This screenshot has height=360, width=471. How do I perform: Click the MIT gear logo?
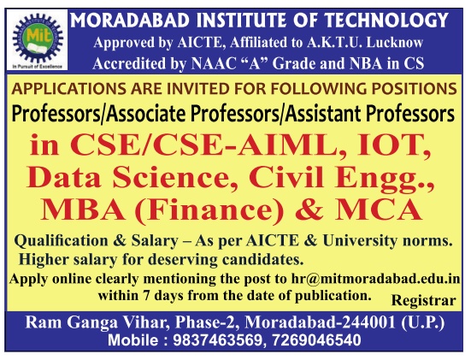click(x=38, y=38)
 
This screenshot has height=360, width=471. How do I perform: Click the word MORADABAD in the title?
click(x=130, y=21)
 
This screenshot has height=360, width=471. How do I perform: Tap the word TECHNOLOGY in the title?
click(x=386, y=21)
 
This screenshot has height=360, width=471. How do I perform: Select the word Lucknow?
click(x=395, y=43)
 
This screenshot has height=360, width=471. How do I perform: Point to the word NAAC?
click(x=213, y=64)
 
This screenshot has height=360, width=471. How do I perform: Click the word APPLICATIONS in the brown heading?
click(x=69, y=89)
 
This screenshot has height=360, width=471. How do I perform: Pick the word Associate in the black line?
click(x=146, y=115)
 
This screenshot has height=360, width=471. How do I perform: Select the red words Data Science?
click(x=128, y=178)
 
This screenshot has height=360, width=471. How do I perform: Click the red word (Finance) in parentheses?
click(x=209, y=210)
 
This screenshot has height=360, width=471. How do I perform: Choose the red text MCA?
click(x=379, y=210)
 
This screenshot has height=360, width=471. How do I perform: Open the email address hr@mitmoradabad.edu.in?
click(x=375, y=279)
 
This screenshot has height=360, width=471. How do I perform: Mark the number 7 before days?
click(x=146, y=296)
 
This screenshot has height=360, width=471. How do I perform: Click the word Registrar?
click(x=423, y=300)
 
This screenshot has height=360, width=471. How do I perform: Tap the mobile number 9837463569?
click(x=218, y=340)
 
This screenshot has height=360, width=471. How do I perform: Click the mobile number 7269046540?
click(x=316, y=340)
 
